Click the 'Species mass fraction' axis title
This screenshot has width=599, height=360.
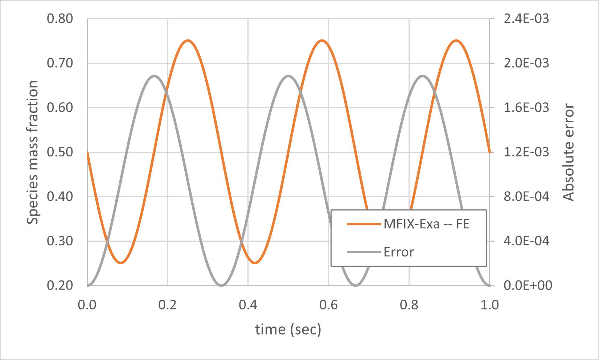click(33, 152)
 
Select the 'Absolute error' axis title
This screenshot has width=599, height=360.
click(569, 152)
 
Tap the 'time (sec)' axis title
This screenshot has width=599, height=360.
click(288, 330)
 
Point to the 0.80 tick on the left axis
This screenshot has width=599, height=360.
click(60, 19)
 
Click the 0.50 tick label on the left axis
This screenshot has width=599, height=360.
click(60, 152)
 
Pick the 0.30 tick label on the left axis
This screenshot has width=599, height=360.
click(60, 241)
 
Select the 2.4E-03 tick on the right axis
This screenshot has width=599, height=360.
click(526, 19)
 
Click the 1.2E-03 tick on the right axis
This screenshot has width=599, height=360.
click(526, 152)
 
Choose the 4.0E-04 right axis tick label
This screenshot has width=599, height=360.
click(526, 241)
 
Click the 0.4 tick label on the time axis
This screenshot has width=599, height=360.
click(248, 305)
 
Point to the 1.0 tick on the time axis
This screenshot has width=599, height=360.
click(489, 305)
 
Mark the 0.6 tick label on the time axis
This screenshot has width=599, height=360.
click(329, 305)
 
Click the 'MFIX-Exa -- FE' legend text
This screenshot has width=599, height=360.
click(426, 224)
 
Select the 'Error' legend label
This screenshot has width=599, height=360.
click(398, 252)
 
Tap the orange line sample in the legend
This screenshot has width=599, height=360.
click(364, 224)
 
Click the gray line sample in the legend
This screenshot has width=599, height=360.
click(364, 252)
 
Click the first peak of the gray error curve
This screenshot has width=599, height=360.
click(154, 76)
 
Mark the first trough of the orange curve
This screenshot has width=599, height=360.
click(121, 263)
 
